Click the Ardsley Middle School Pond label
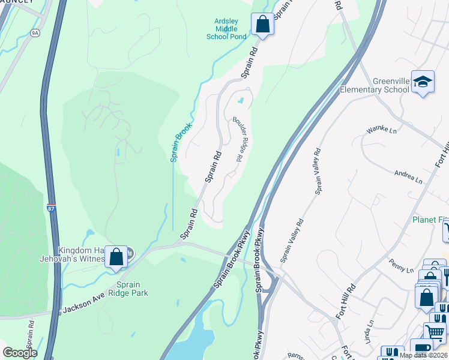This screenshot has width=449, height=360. [x=226, y=29]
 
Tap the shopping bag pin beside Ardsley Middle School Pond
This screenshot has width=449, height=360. [x=262, y=25]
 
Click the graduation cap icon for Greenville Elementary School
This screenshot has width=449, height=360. [x=423, y=83]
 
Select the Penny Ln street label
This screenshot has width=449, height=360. [x=402, y=266]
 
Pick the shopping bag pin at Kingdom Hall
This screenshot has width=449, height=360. [x=116, y=256]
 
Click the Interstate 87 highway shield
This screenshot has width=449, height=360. [x=52, y=208]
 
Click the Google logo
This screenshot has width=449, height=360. [x=20, y=353]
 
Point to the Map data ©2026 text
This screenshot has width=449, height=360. [x=423, y=355]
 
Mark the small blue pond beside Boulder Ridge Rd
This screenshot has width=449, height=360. [x=241, y=100]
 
